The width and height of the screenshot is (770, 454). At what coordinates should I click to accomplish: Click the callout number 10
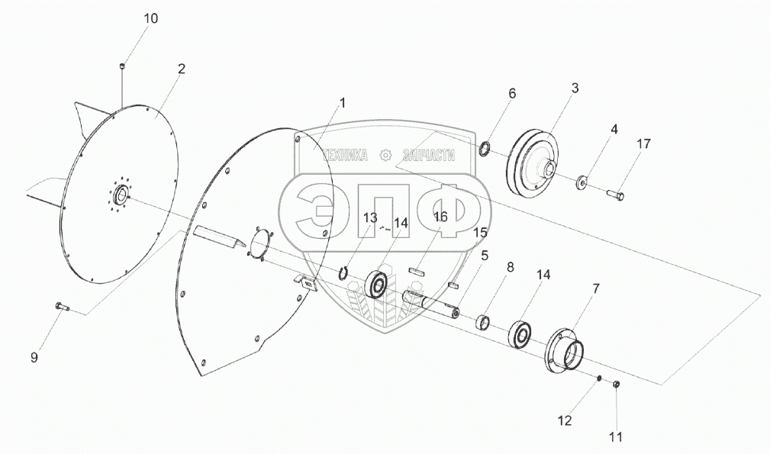coord(151,18)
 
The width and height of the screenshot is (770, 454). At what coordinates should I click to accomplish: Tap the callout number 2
coord(181,69)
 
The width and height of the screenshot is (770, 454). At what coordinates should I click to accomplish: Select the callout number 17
coord(645,143)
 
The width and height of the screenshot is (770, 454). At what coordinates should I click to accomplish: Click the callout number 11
coord(615,437)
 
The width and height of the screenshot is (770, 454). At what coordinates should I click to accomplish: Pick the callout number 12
coord(564,420)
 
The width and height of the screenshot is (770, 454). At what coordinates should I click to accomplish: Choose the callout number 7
coord(596,288)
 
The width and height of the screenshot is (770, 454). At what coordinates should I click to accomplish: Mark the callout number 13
coord(370,218)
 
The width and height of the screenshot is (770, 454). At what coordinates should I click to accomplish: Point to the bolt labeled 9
coord(62,307)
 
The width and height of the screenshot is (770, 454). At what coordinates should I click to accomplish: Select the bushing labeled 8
coord(483,320)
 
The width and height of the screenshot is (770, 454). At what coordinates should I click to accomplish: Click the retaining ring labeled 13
coord(345,272)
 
